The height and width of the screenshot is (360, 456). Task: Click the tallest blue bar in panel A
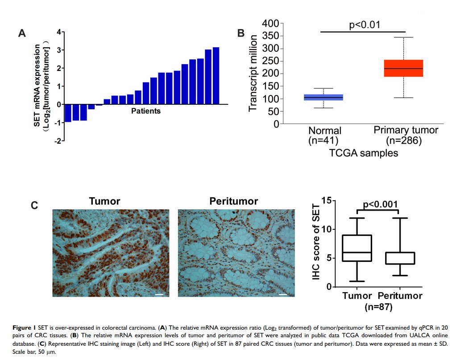[216, 75]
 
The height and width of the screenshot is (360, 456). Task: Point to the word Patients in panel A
[146, 111]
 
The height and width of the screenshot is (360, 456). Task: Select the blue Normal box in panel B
[323, 97]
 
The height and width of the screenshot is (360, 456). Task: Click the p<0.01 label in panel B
[364, 25]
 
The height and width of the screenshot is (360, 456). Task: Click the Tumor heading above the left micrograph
[104, 201]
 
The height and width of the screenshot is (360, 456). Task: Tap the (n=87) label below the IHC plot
[378, 306]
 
